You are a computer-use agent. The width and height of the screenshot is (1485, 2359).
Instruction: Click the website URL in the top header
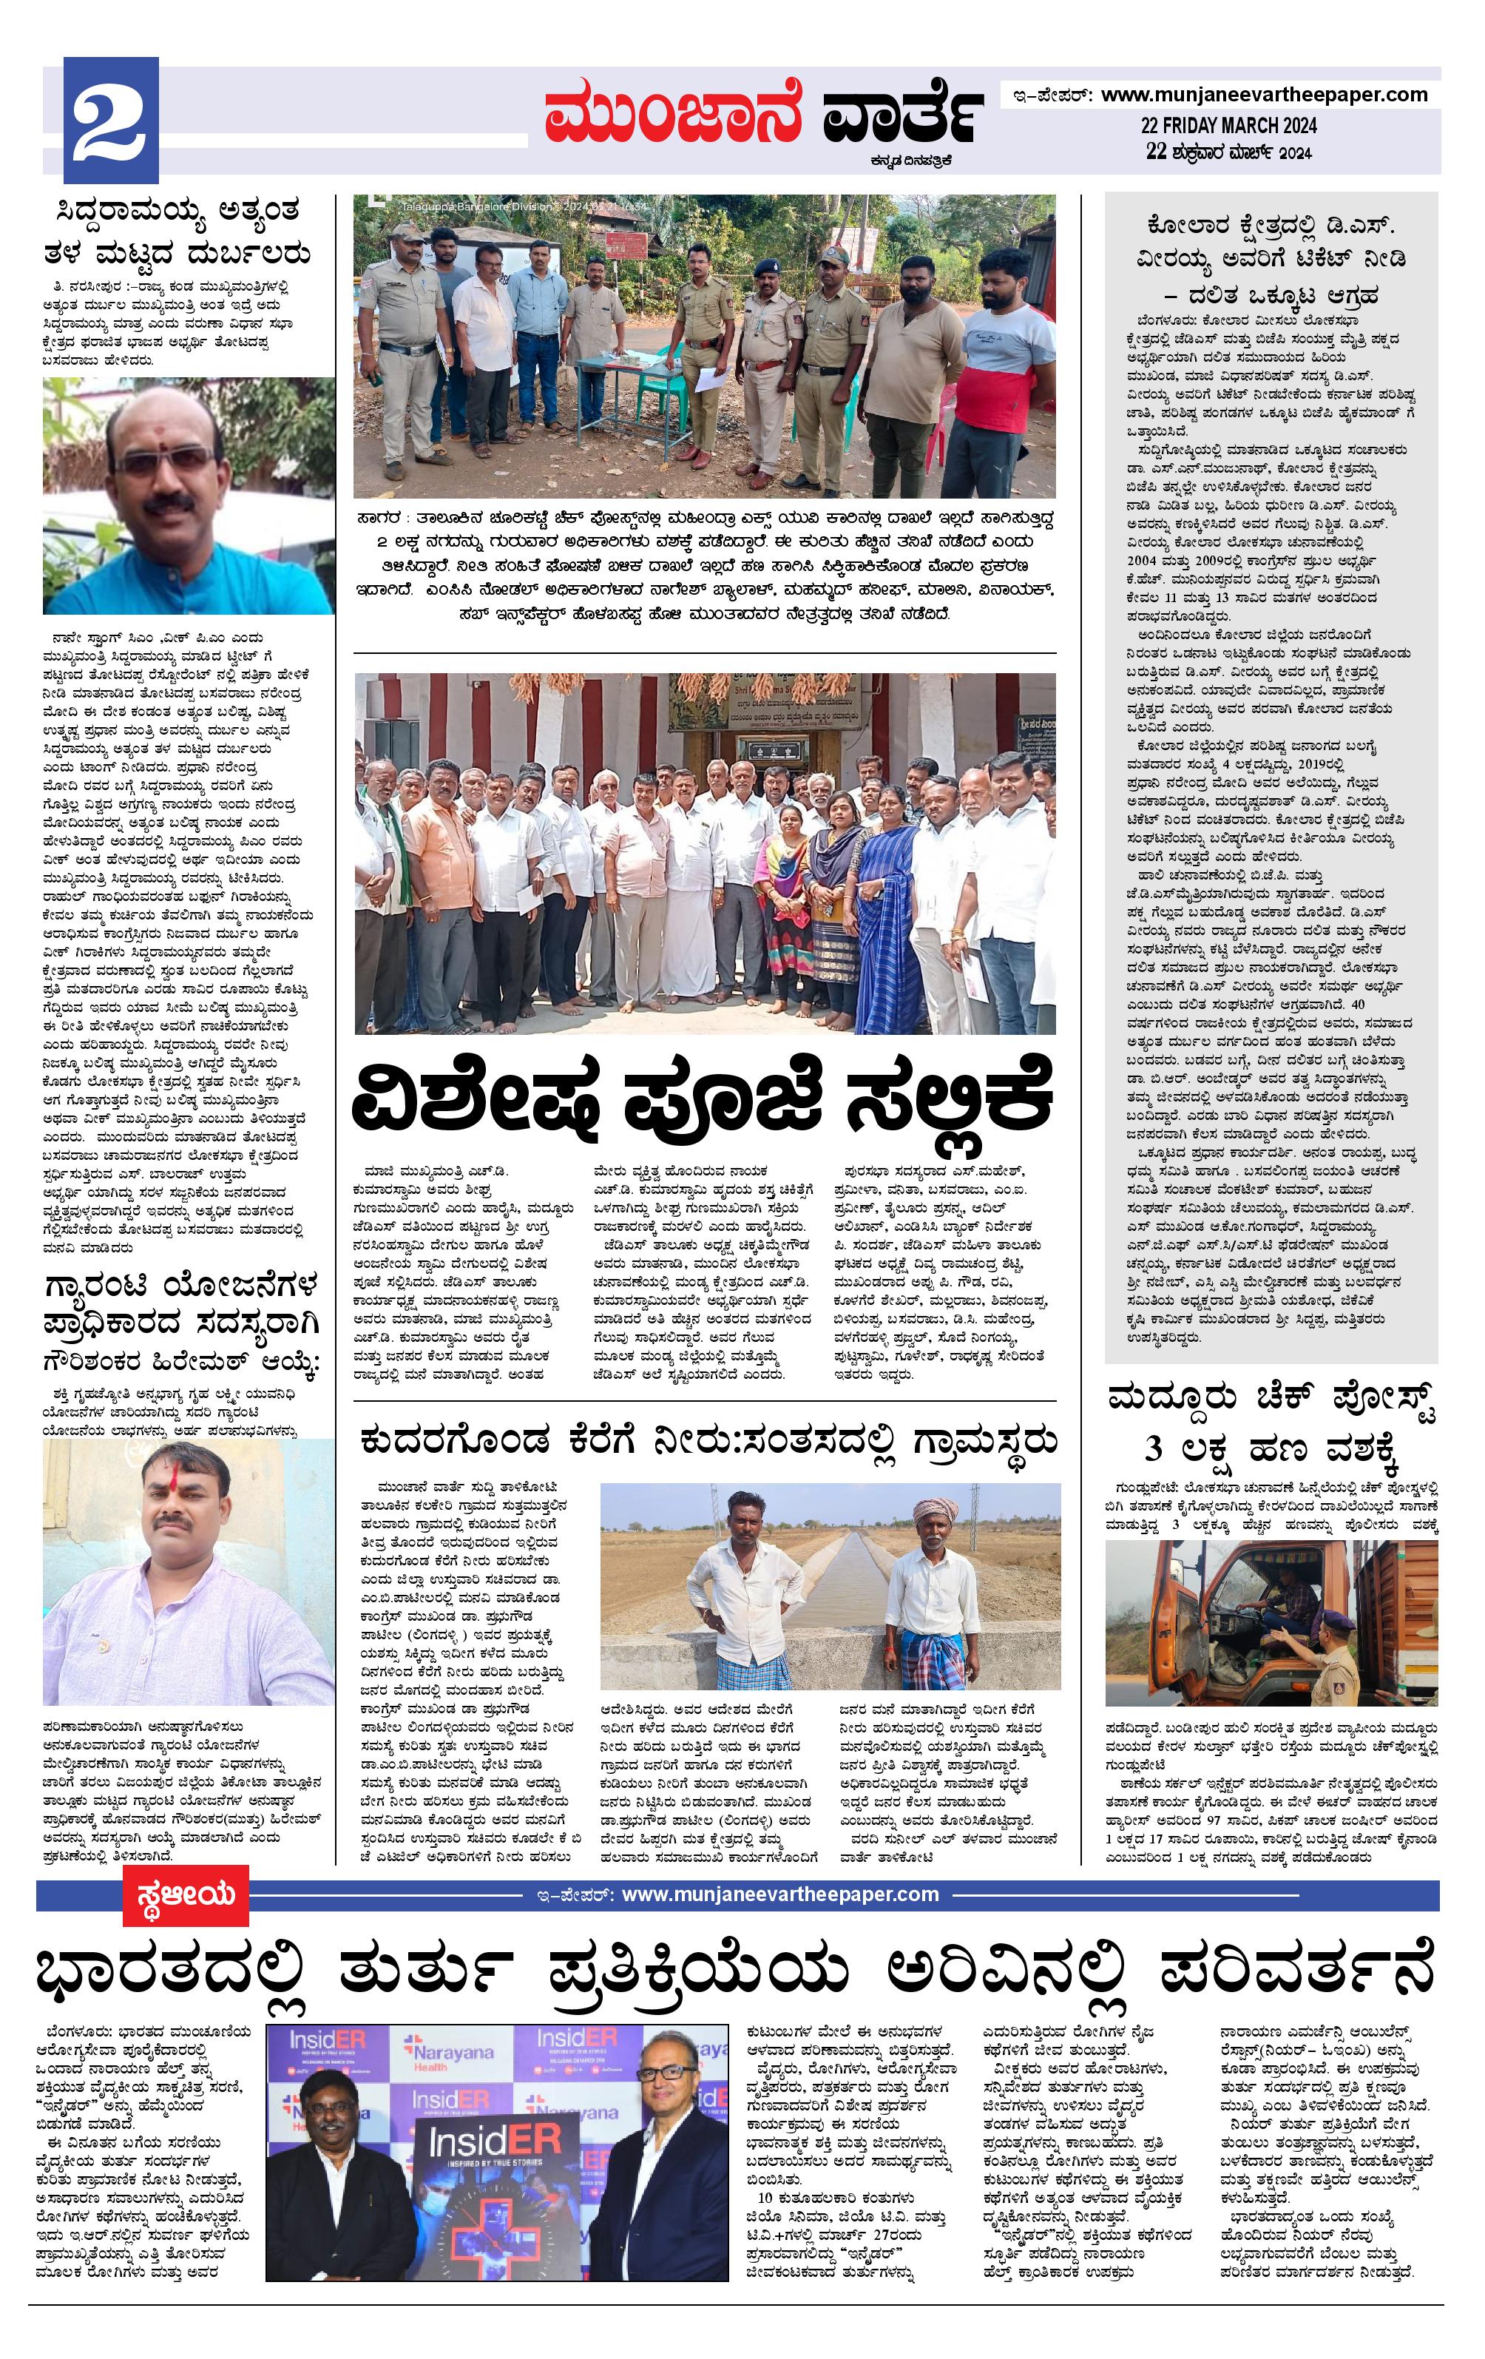1264,95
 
